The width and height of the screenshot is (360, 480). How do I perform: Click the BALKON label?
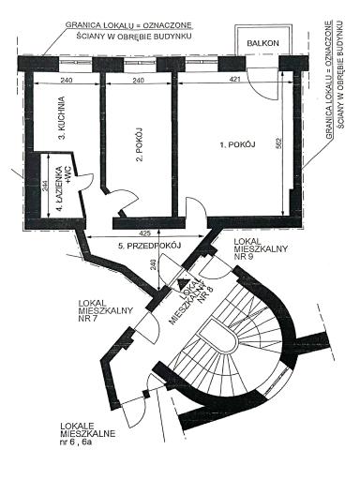(x=262, y=43)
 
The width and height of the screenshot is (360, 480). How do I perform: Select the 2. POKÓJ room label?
(x=139, y=144)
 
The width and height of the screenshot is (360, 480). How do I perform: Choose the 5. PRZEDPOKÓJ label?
(x=150, y=246)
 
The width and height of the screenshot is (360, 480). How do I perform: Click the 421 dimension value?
(x=234, y=80)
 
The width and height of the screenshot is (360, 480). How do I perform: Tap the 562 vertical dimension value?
(x=279, y=143)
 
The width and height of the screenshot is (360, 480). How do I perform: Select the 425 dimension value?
(x=145, y=232)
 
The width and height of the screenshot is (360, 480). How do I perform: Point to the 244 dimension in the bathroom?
(x=45, y=187)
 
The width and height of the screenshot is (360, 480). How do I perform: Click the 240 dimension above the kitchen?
(x=67, y=81)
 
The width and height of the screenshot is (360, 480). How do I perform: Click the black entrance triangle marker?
(x=182, y=285)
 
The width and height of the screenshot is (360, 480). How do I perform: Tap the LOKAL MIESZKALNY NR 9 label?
(x=261, y=249)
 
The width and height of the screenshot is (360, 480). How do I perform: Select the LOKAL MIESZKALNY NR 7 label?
(x=106, y=311)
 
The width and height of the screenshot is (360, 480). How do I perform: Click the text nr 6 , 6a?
(x=76, y=442)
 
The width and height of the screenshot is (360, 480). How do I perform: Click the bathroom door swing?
(x=83, y=181)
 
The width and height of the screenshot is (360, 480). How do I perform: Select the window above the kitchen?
(x=75, y=62)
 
